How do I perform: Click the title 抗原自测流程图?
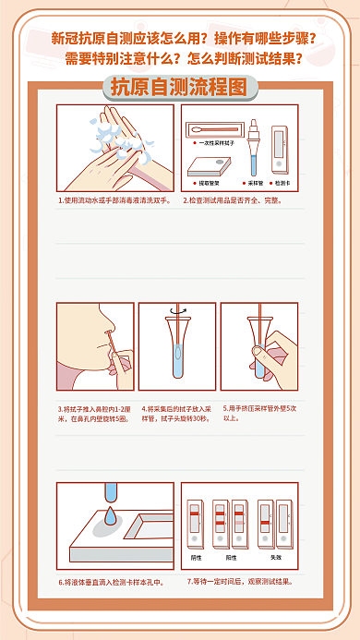pos(179,88)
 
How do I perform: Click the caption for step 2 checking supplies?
pos(238,199)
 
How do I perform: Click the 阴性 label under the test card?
pos(196,558)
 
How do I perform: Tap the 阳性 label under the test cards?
pos(231,558)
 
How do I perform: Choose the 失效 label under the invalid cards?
pos(275,558)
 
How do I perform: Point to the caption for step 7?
pos(239,582)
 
